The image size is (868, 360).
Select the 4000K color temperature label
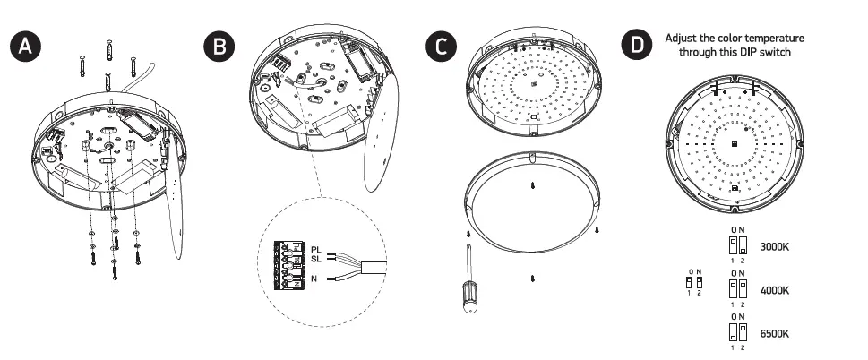pyautogui.click(x=775, y=290)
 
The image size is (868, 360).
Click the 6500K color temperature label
pyautogui.click(x=775, y=333)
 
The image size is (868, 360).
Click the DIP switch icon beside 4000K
pyautogui.click(x=738, y=288)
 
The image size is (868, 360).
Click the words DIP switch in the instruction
pyautogui.click(x=767, y=52)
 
